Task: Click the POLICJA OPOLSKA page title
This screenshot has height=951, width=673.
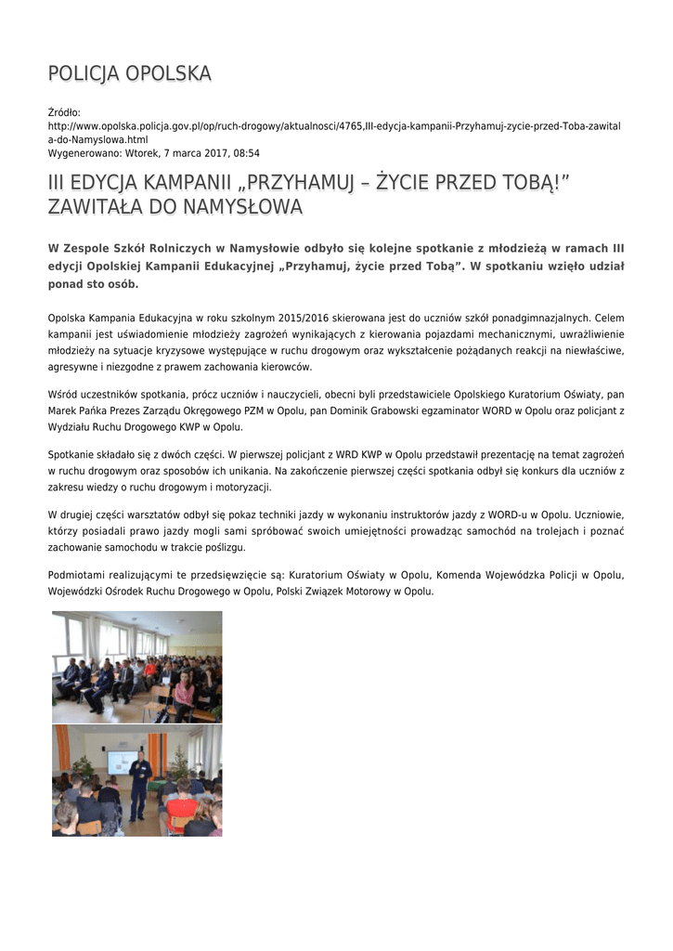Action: tap(129, 73)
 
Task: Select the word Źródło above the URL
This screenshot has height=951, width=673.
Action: tap(64, 112)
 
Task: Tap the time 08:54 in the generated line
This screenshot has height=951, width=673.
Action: tap(245, 153)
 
